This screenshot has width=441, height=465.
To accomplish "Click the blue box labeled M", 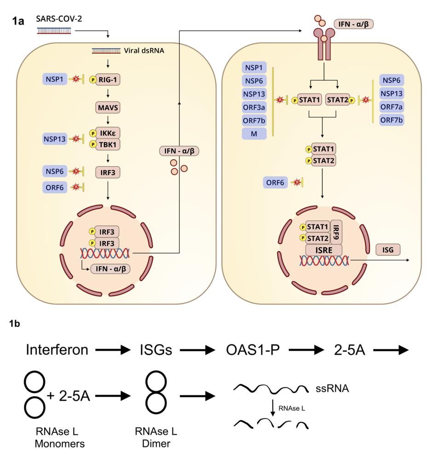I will (255, 134).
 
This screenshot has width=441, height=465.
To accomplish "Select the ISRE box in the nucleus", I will (324, 249).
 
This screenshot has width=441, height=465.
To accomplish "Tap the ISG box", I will (388, 249).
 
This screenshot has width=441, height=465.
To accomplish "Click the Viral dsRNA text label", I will (144, 50).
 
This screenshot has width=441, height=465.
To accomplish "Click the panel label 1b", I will (14, 324).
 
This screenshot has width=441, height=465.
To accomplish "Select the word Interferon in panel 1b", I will (57, 350).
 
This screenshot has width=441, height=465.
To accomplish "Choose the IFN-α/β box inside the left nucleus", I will (110, 269).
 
